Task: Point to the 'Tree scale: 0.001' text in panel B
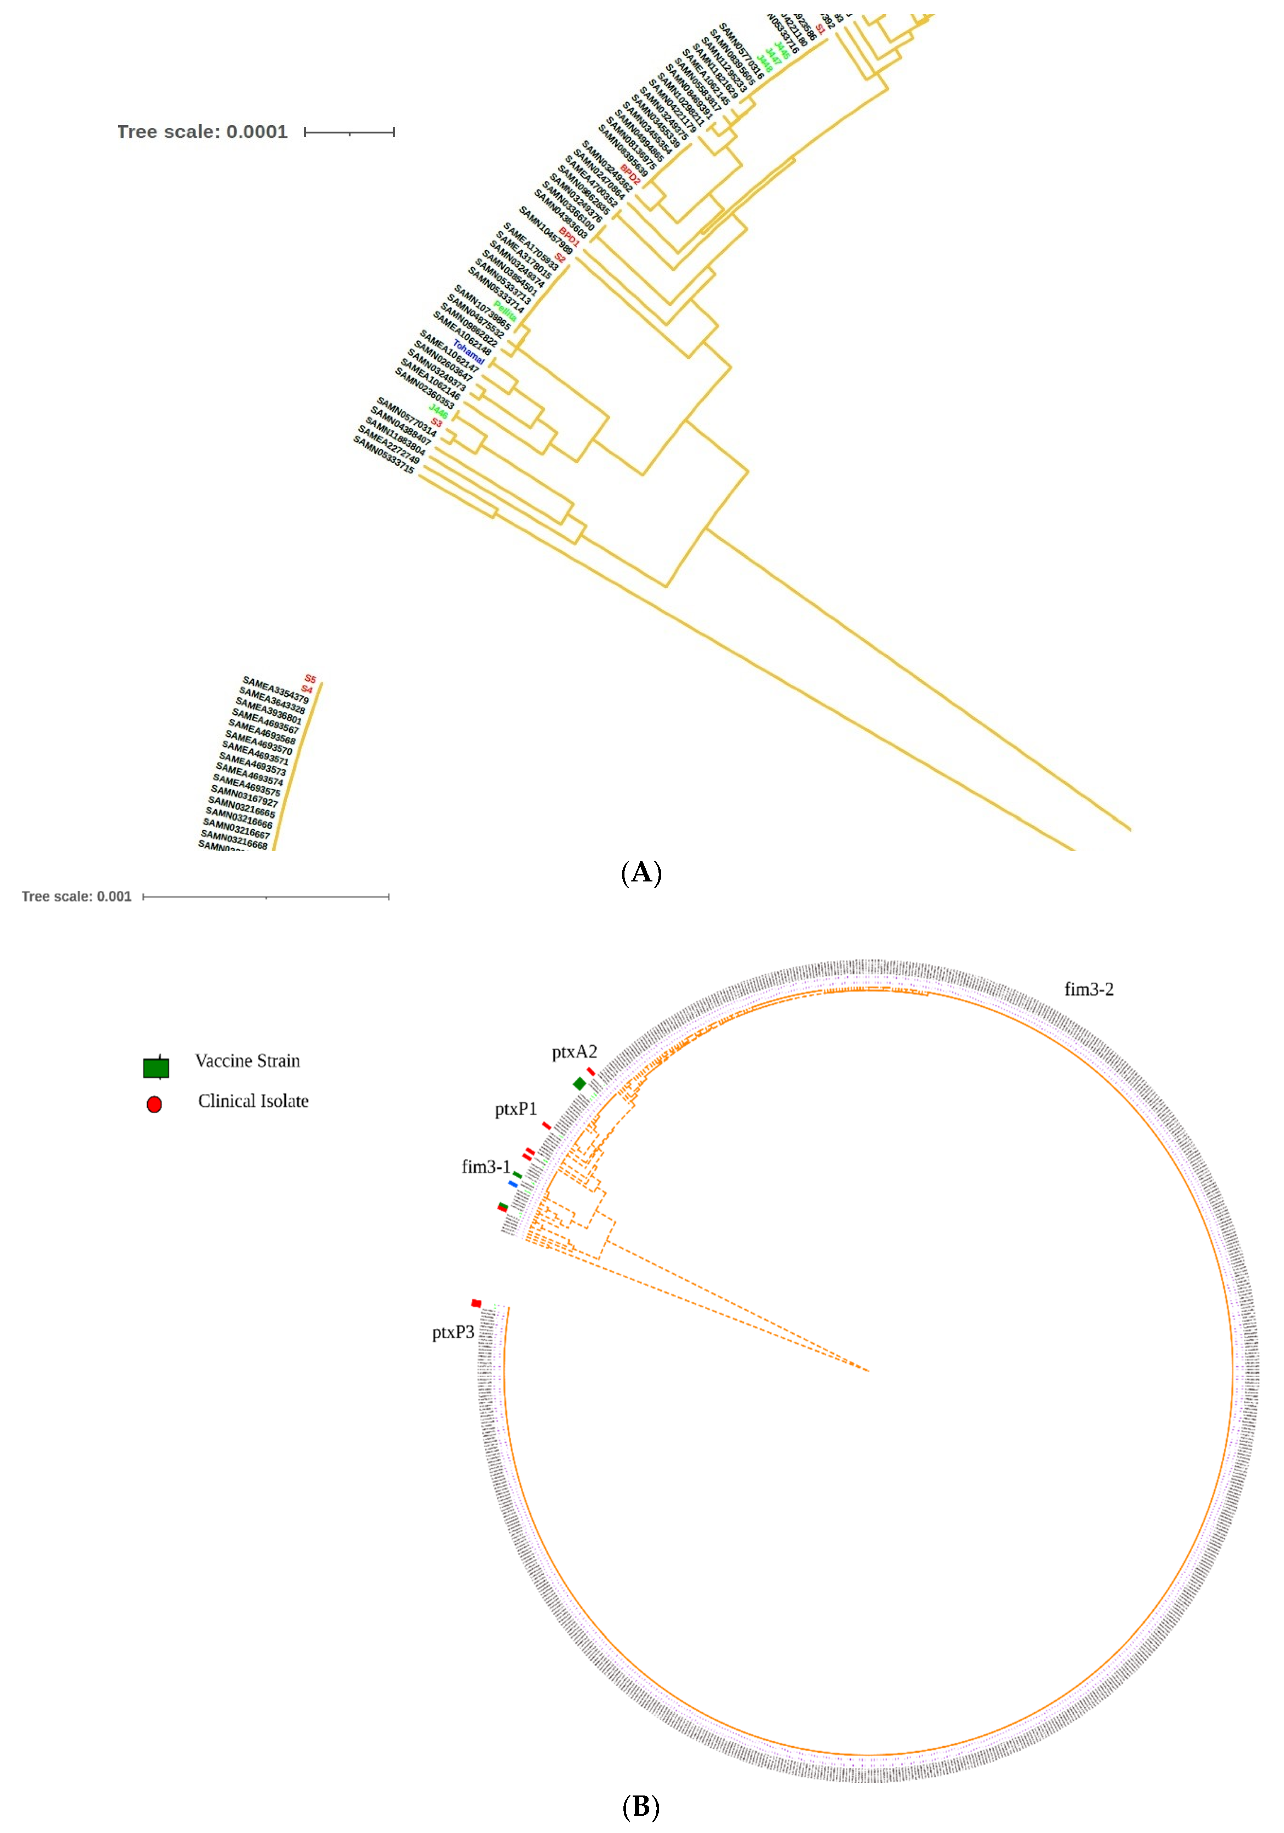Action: click(x=77, y=897)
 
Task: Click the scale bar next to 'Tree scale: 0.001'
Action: click(x=266, y=897)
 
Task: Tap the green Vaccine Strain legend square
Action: click(x=156, y=1067)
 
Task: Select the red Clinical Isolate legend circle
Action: click(x=154, y=1104)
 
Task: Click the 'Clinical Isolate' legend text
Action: click(x=253, y=1101)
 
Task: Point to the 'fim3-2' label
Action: click(x=1088, y=989)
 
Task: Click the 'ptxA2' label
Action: click(x=574, y=1052)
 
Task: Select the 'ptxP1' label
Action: click(x=516, y=1109)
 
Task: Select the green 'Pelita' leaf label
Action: click(x=505, y=311)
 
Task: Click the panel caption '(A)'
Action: click(x=641, y=873)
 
